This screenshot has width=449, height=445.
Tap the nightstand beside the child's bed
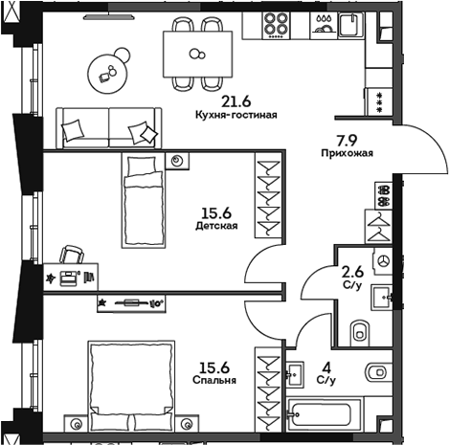pyautogui.click(x=177, y=162)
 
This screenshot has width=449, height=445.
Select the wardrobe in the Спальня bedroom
pyautogui.click(x=267, y=389)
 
